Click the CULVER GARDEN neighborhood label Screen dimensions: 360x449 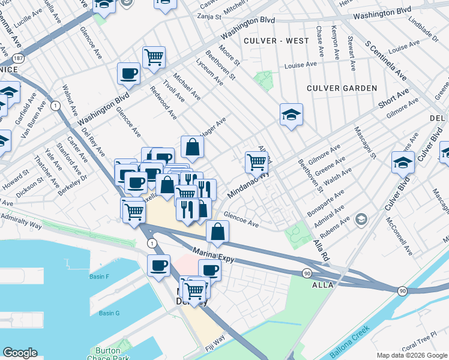[x=342, y=88]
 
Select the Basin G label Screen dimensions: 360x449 [x=109, y=313]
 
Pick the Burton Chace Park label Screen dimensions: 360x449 [x=109, y=355]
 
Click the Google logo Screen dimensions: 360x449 [x=20, y=353]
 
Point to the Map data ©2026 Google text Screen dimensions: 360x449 [x=412, y=355]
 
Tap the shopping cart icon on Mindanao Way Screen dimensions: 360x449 [x=256, y=161]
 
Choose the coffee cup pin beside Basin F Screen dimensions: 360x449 [x=158, y=265]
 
